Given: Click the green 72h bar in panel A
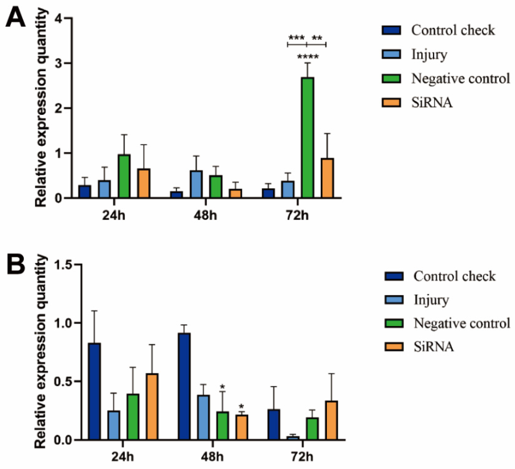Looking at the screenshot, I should (x=307, y=138).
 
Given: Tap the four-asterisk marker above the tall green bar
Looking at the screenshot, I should (x=308, y=56).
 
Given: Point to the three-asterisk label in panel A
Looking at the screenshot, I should (x=296, y=38).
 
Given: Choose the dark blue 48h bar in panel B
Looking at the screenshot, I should (x=184, y=386).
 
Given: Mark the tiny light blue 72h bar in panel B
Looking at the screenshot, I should (x=293, y=438).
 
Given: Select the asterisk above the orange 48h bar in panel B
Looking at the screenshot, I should (x=241, y=407).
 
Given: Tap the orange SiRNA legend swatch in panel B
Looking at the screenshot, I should (x=394, y=347).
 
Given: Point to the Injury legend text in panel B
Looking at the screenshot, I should (x=431, y=300).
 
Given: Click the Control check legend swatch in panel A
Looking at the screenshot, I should (x=391, y=30).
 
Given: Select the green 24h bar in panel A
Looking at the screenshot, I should (x=124, y=176).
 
